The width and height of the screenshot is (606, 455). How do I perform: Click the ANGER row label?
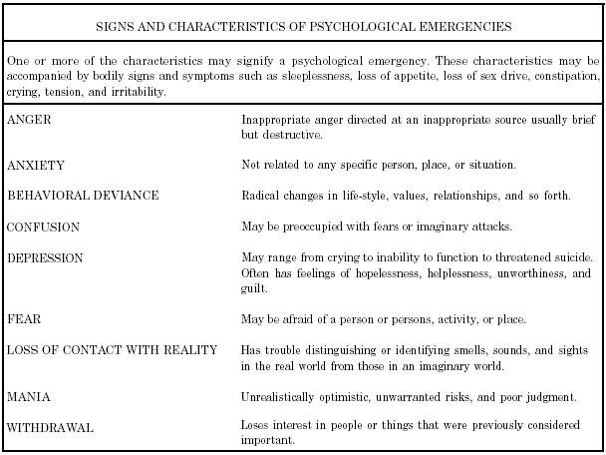[29, 119]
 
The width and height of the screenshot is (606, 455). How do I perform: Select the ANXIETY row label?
[33, 164]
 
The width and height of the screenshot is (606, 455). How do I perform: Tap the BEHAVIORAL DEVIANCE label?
[82, 196]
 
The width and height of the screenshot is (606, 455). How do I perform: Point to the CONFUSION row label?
[43, 227]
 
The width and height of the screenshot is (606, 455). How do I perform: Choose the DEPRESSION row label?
[44, 258]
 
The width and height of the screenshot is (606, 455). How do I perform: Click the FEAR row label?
[23, 319]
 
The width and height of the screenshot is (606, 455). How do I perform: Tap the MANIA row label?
[28, 396]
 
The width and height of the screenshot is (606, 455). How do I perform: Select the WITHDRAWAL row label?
[50, 427]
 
